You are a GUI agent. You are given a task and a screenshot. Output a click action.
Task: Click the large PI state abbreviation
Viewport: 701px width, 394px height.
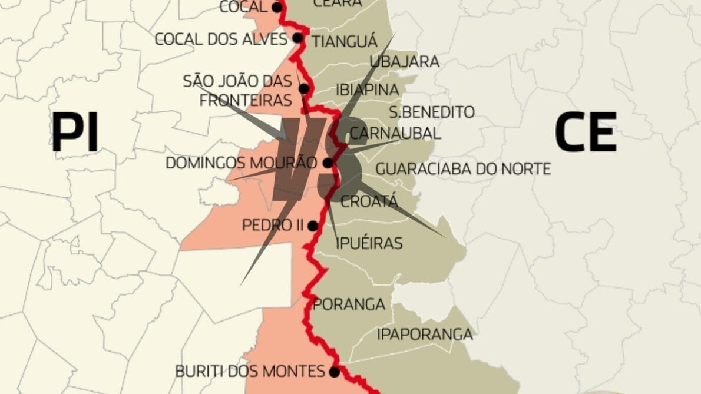click(75, 133)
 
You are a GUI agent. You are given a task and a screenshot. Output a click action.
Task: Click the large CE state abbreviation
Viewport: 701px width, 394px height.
click(585, 133)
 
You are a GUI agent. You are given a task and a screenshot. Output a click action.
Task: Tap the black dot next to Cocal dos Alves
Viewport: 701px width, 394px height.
click(297, 38)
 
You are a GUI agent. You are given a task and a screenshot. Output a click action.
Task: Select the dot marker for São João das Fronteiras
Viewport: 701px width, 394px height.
click(303, 89)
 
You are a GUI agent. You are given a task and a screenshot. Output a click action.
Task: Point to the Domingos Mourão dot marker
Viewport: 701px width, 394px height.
click(328, 163)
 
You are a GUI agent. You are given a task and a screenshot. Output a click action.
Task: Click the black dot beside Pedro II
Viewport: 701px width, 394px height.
click(312, 226)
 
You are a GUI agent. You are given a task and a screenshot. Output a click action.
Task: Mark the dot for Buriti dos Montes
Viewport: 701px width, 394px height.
click(334, 372)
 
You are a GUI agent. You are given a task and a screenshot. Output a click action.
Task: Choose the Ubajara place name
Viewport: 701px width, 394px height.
click(404, 61)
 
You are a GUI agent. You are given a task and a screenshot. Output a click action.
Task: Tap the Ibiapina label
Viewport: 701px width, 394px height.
click(367, 90)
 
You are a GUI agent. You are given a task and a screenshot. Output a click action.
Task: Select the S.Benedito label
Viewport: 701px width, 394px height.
click(432, 112)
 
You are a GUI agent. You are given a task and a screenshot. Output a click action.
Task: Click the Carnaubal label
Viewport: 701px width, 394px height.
click(395, 133)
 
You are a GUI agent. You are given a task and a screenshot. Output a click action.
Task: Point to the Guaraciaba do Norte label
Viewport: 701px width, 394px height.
click(463, 169)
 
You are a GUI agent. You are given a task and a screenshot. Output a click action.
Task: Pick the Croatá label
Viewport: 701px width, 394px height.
click(369, 201)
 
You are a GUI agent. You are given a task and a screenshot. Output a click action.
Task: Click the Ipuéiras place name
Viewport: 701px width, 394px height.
click(369, 243)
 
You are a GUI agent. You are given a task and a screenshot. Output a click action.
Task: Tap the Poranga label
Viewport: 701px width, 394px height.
click(349, 304)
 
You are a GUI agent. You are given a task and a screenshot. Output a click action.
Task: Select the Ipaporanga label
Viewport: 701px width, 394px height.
click(425, 335)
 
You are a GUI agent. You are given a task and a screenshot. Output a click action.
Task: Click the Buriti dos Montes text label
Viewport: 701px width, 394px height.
click(250, 372)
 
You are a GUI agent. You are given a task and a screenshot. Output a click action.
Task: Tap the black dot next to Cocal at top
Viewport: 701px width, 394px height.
click(276, 7)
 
